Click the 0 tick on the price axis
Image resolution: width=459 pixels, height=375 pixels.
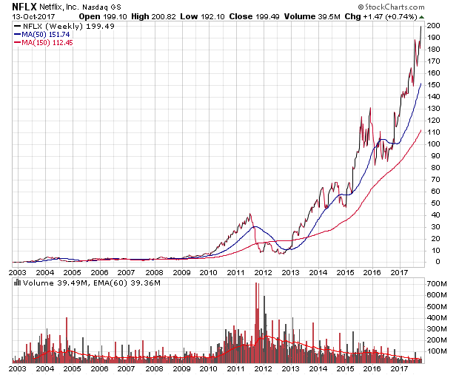point(432,261)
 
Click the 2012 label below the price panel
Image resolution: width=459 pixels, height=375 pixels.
point(263,272)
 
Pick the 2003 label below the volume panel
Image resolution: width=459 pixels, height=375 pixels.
point(19,367)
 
